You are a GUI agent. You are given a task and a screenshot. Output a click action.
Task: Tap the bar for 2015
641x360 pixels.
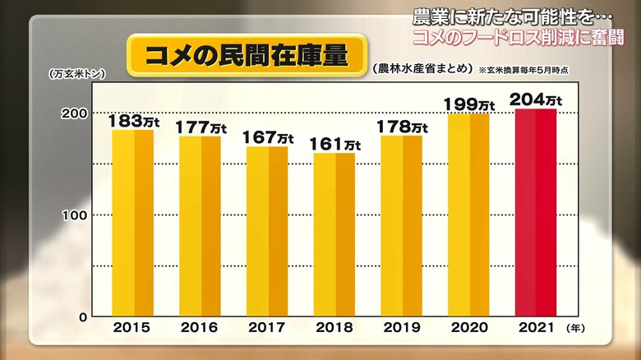[x=132, y=223]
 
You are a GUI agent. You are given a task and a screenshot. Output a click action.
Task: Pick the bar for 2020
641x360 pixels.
[x=468, y=215]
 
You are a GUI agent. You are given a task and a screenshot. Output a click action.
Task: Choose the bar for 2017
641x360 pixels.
[x=267, y=231]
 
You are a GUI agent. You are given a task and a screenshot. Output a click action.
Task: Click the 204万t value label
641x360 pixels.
[x=535, y=99]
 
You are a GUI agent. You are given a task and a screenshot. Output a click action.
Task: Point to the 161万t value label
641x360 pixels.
[x=334, y=144]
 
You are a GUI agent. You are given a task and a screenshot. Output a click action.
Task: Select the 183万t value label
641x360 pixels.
[x=134, y=121]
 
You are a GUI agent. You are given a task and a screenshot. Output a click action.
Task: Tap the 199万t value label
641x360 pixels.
[x=468, y=104]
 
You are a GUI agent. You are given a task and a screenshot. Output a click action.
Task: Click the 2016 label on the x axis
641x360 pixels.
[x=200, y=327]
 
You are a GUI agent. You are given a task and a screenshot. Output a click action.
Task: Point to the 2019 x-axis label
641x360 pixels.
[x=402, y=327]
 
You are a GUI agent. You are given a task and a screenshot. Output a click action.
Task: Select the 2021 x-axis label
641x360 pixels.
[x=535, y=327]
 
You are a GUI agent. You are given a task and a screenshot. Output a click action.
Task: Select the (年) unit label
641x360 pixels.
[x=578, y=327]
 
